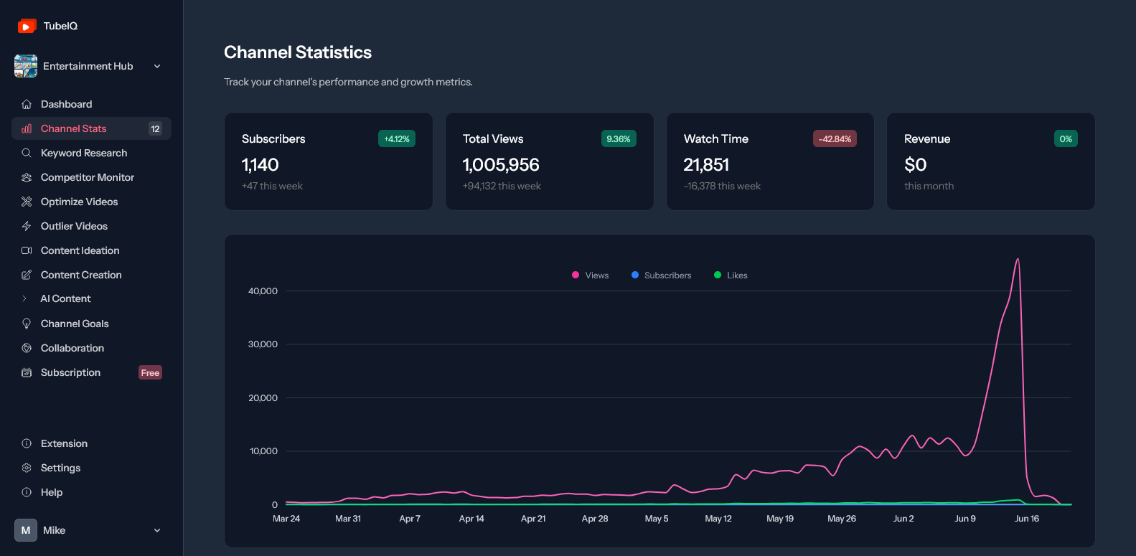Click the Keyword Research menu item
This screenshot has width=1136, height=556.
click(84, 153)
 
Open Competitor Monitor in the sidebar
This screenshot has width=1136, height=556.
click(88, 177)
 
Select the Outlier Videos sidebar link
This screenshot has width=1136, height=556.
click(74, 226)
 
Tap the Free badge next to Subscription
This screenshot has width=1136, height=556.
click(150, 372)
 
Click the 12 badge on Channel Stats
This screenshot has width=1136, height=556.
click(155, 128)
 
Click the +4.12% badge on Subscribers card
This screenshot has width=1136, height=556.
click(397, 139)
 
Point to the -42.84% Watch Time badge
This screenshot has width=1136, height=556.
click(835, 139)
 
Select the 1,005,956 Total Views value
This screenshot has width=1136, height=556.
click(501, 165)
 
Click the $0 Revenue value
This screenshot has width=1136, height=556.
click(916, 165)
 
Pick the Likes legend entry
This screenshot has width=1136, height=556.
click(731, 275)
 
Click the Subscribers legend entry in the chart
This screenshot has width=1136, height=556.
click(662, 275)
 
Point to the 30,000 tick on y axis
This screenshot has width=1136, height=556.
click(263, 344)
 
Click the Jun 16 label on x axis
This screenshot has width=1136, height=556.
click(1026, 519)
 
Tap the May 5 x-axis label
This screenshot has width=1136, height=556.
click(656, 519)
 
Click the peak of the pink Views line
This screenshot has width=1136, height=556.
click(1018, 260)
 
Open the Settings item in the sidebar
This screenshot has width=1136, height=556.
click(60, 468)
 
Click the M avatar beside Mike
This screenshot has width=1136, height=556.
click(26, 530)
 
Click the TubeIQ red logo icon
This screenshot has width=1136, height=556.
click(27, 26)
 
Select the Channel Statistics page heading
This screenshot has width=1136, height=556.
click(298, 52)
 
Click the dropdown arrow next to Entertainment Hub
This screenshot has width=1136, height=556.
click(157, 67)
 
